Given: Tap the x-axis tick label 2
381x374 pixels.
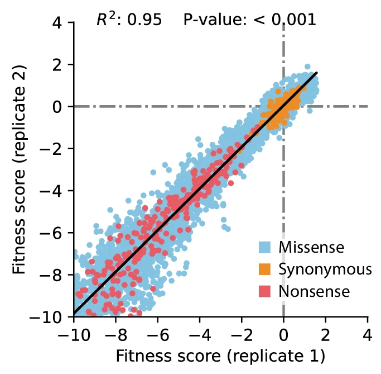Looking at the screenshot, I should pos(326,335).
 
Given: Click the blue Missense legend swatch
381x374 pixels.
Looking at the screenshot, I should pos(265,247).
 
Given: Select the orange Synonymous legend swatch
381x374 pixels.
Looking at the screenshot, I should pos(265,269).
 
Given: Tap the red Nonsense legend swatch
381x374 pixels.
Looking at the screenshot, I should pos(265,291).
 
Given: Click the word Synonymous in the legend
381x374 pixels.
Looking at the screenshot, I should pos(325,269).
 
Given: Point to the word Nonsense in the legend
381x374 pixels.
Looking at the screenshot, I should pos(314,291).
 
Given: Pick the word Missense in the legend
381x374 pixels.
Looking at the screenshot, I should pos(312,247).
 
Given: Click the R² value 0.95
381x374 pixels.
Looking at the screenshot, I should pos(144,20).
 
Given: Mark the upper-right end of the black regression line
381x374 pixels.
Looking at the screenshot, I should pos(317,73).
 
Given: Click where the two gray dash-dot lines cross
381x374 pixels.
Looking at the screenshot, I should pos(283,106).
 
